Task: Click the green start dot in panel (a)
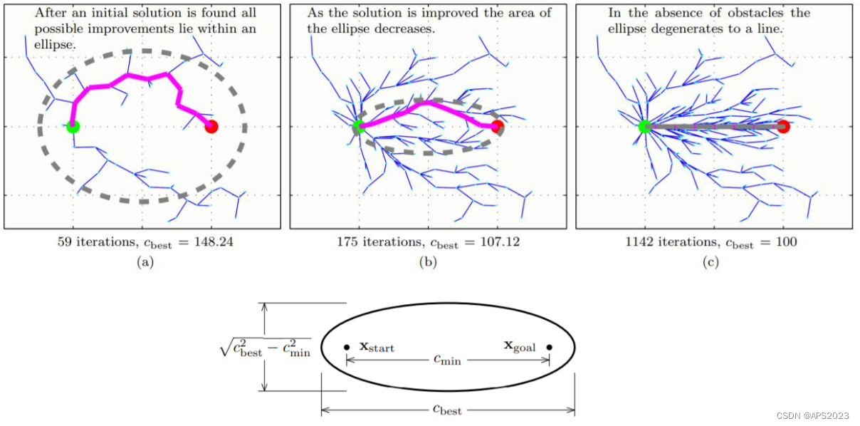coord(73,127)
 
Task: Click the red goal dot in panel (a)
coord(211,127)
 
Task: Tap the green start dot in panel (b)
coord(358,127)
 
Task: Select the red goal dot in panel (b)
coord(497,127)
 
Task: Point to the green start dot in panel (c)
coord(644,127)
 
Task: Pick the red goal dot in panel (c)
coord(783,127)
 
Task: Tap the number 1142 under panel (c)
coord(639,242)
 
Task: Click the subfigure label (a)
coord(145,262)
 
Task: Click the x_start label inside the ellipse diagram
coord(377,347)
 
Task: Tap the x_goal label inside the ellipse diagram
coord(520,347)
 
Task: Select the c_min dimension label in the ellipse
coord(447,360)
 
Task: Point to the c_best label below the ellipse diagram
coord(447,410)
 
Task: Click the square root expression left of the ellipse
coord(265,348)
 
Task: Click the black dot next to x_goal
coord(549,348)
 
